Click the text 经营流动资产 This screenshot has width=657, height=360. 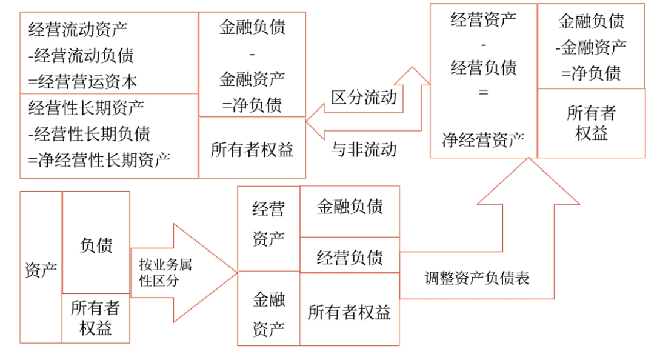[x=78, y=29]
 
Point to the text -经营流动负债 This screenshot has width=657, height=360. [x=81, y=55]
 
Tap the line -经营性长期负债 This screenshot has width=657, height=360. [x=89, y=134]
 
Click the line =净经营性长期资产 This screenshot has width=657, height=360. [x=99, y=160]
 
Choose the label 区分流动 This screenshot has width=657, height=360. [x=364, y=97]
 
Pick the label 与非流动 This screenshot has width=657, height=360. [x=364, y=148]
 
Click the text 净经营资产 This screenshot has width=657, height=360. [x=483, y=141]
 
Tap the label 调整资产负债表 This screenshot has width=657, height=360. [x=477, y=278]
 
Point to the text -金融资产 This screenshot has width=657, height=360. [x=591, y=47]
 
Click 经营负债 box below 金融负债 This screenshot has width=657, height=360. [x=350, y=257]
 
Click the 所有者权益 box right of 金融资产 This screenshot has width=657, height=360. [x=350, y=312]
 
